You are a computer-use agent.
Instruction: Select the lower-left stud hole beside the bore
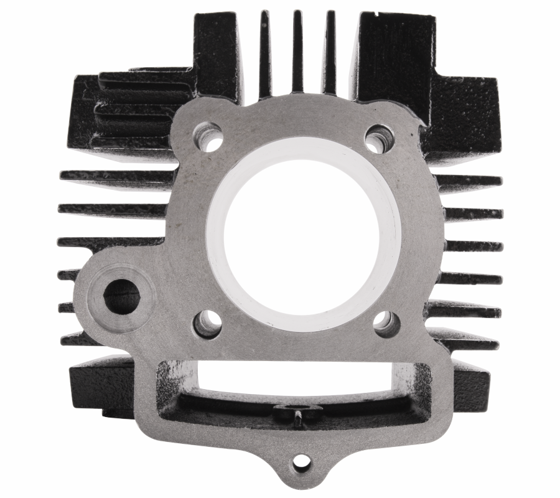point(207,324)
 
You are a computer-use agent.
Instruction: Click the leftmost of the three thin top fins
point(265,53)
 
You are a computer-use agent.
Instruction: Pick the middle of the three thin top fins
point(297,50)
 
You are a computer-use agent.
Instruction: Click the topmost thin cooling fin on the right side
point(470,181)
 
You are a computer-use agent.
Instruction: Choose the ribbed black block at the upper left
point(134,109)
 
